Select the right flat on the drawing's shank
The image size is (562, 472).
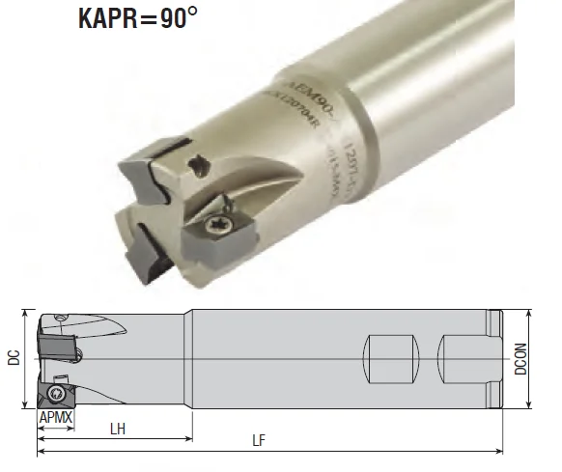pos(460,358)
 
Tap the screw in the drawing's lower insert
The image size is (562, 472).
pos(57,393)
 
